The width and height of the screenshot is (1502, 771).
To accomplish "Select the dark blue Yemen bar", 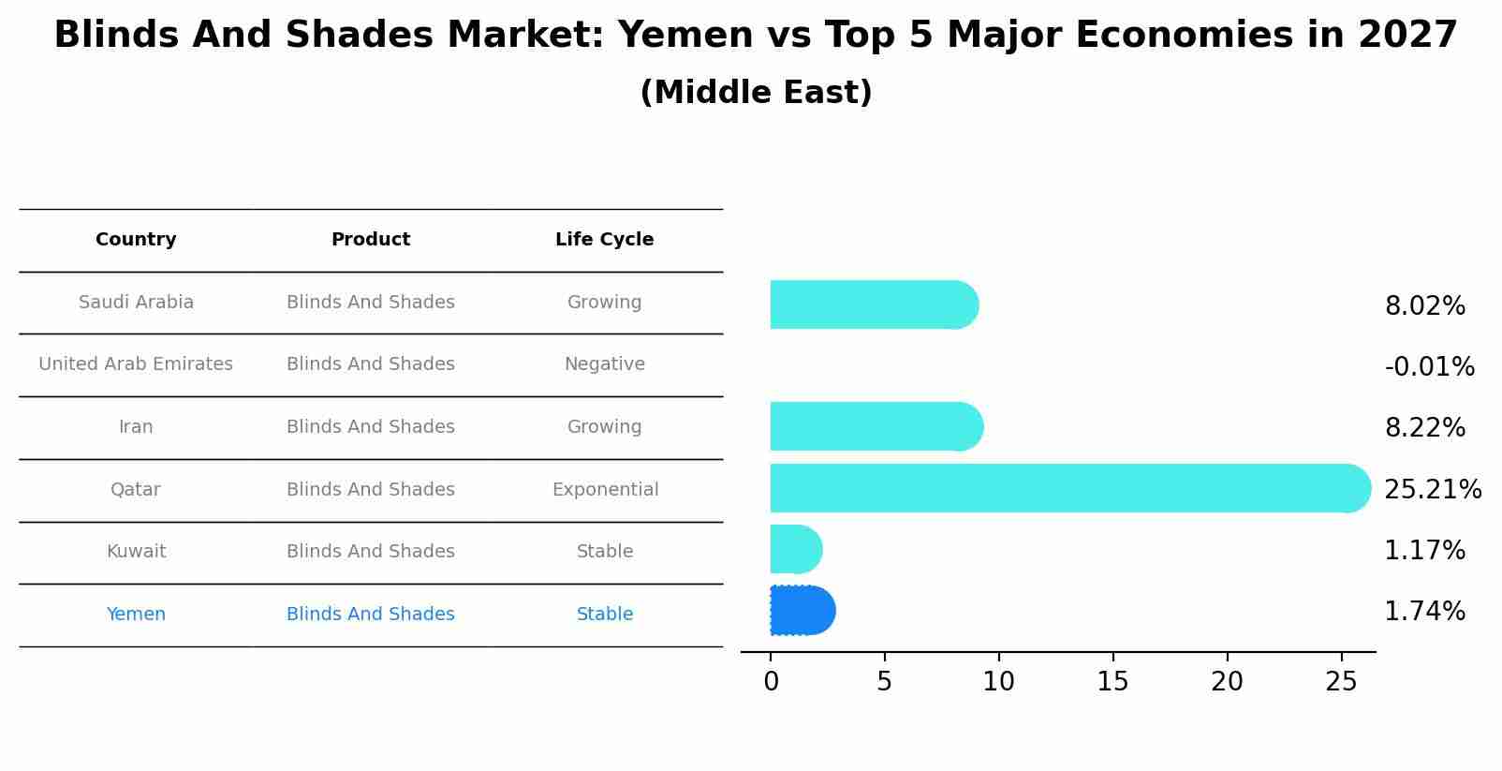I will click(x=802, y=611).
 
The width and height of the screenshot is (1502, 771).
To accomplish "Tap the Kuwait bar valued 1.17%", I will click(x=795, y=550).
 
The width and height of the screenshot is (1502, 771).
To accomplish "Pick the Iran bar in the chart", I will click(x=876, y=427).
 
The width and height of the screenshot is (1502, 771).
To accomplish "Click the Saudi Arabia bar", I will click(x=873, y=305).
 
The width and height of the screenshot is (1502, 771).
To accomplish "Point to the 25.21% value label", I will click(x=1432, y=490).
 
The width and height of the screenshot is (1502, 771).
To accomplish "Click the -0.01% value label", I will click(x=1429, y=367).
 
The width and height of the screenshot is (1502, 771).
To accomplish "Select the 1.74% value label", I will click(x=1424, y=612).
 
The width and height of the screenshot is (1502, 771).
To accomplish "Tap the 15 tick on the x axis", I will click(x=1112, y=682).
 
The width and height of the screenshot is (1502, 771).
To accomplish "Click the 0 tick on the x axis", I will click(x=771, y=682).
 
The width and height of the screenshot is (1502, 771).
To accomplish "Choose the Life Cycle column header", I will click(x=604, y=240).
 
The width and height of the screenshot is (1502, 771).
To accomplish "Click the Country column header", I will click(x=136, y=240).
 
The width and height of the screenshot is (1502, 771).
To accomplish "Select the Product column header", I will click(x=371, y=240).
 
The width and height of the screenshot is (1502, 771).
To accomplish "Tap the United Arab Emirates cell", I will click(x=136, y=364).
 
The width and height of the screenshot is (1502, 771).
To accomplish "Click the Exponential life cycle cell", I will click(x=605, y=490).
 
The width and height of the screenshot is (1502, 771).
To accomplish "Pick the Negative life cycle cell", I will click(x=604, y=364).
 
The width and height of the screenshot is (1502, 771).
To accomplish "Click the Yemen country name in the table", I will click(x=136, y=615).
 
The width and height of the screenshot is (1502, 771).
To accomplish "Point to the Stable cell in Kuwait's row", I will click(x=604, y=552).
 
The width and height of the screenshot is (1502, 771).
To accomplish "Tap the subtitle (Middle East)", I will click(x=756, y=93).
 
